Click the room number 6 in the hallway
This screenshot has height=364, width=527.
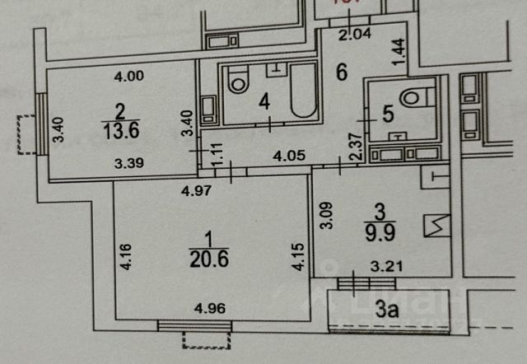342,72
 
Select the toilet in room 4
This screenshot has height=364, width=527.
239,81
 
